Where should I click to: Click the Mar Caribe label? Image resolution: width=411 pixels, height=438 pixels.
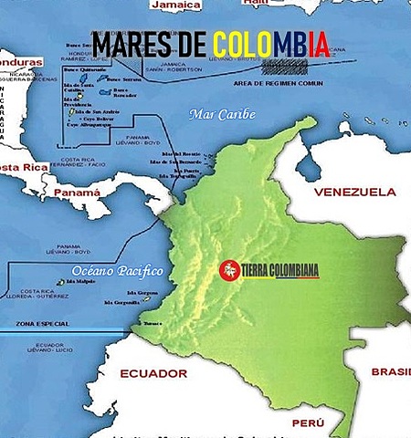220,114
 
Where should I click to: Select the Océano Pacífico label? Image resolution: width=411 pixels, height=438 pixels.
116,271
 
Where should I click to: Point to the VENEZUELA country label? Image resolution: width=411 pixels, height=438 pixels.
354,193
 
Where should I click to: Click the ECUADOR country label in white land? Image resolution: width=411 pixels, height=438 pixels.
153,373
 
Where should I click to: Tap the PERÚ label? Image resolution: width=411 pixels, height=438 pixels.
307,423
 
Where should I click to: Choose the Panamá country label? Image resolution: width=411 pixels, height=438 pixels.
77,193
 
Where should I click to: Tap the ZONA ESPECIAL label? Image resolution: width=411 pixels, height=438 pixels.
37,325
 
